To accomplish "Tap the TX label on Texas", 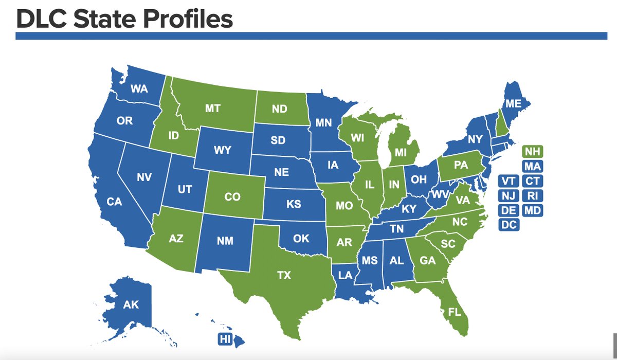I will (x=284, y=276).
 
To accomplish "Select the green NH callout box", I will (x=533, y=152).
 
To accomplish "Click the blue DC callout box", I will (x=510, y=224).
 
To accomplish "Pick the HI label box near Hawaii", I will (x=225, y=339).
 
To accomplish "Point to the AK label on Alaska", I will (x=131, y=304).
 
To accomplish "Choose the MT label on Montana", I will (x=212, y=109).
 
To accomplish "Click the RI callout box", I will (x=533, y=195).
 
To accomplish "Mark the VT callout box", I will (x=510, y=181).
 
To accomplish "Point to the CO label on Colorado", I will (x=232, y=196).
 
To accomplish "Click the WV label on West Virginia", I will (x=439, y=194).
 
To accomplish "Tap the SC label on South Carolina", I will (x=448, y=244).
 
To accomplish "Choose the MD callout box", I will (x=533, y=210).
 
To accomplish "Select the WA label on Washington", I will (x=139, y=88).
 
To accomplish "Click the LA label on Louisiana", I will (x=346, y=275).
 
